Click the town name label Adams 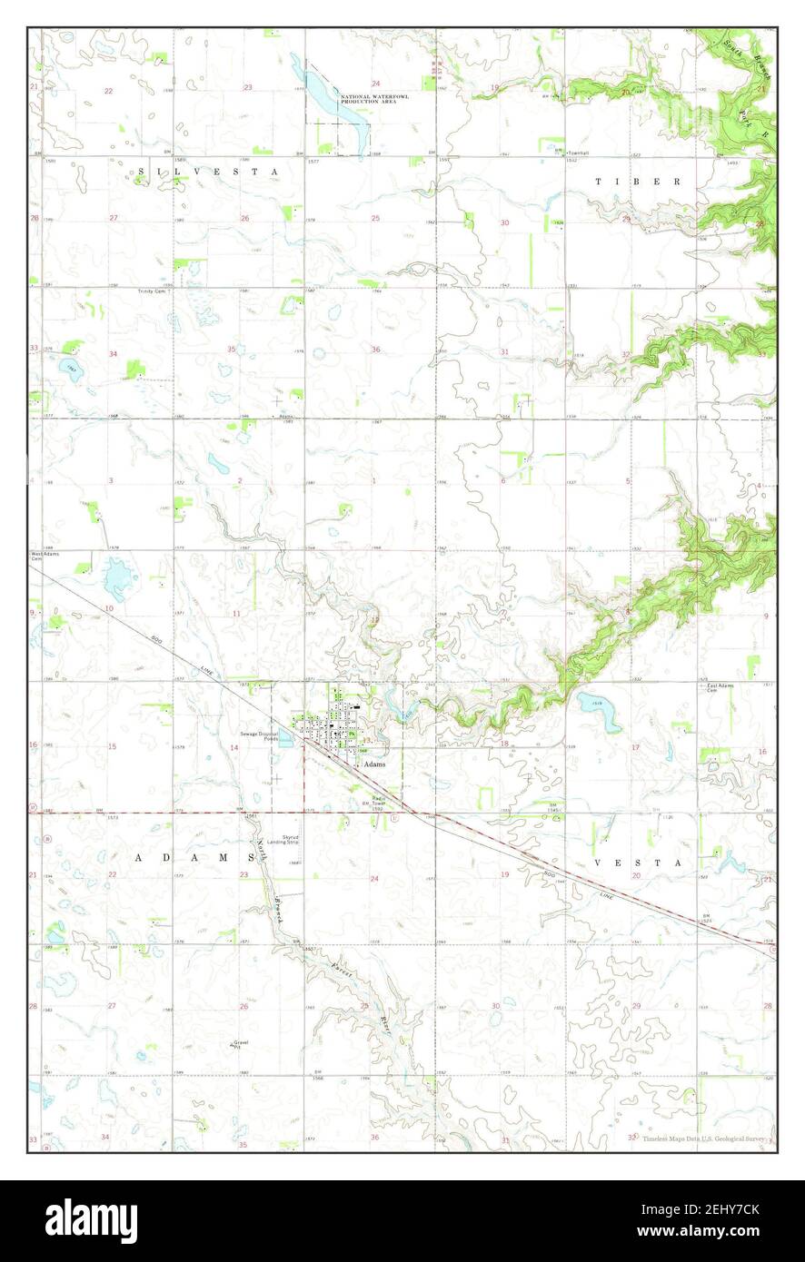374,764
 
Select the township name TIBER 638,182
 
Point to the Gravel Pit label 241,1044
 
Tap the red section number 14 234,747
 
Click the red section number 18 503,744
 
